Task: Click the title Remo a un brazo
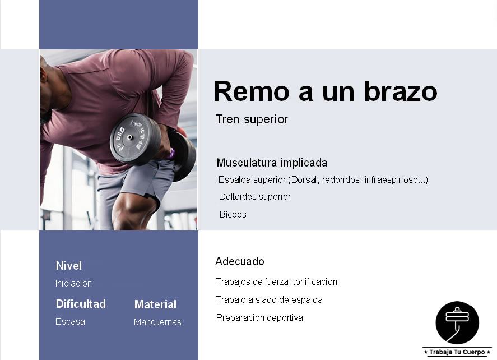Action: (x=324, y=91)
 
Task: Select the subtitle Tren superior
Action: (x=252, y=119)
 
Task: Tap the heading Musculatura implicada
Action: (x=272, y=163)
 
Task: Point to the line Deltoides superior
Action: (x=255, y=197)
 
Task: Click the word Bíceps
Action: (x=233, y=215)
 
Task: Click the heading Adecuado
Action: (x=239, y=261)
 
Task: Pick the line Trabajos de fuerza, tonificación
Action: (x=277, y=282)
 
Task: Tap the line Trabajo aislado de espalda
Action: (x=270, y=300)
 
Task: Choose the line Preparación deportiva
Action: (x=259, y=318)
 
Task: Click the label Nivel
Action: (x=69, y=266)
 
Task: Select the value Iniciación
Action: (x=73, y=284)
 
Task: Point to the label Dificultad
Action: (x=81, y=304)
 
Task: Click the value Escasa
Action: (x=70, y=322)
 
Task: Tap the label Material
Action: (x=155, y=304)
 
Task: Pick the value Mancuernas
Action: (x=157, y=322)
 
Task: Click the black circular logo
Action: (x=457, y=322)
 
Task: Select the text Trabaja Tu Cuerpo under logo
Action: (x=457, y=352)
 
